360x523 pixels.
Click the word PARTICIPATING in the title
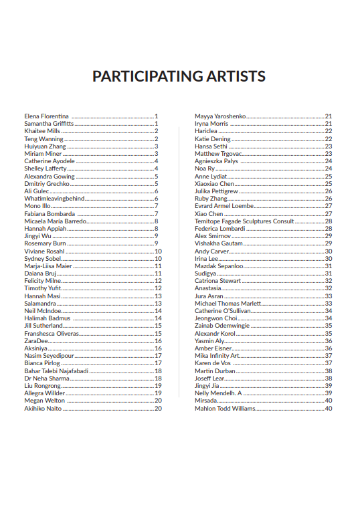coord(139,76)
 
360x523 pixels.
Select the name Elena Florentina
coord(46,116)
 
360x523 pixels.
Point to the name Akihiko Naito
coord(43,408)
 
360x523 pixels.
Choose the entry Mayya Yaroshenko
coord(220,116)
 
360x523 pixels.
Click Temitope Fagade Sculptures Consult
coord(244,221)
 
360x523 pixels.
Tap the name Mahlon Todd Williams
coord(225,408)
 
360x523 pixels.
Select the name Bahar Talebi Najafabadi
coord(56,371)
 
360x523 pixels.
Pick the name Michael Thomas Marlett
coord(228,303)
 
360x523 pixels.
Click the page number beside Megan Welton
coord(158,401)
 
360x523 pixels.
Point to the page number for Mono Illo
coord(157,206)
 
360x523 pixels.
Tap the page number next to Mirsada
coord(329,401)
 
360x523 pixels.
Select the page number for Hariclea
coord(329,131)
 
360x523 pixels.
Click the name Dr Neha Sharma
coord(47,378)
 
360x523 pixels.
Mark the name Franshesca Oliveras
coord(52,333)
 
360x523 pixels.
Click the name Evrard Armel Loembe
coord(223,206)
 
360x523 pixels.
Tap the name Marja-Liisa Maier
coord(48,266)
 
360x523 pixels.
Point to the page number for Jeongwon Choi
coord(329,318)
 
